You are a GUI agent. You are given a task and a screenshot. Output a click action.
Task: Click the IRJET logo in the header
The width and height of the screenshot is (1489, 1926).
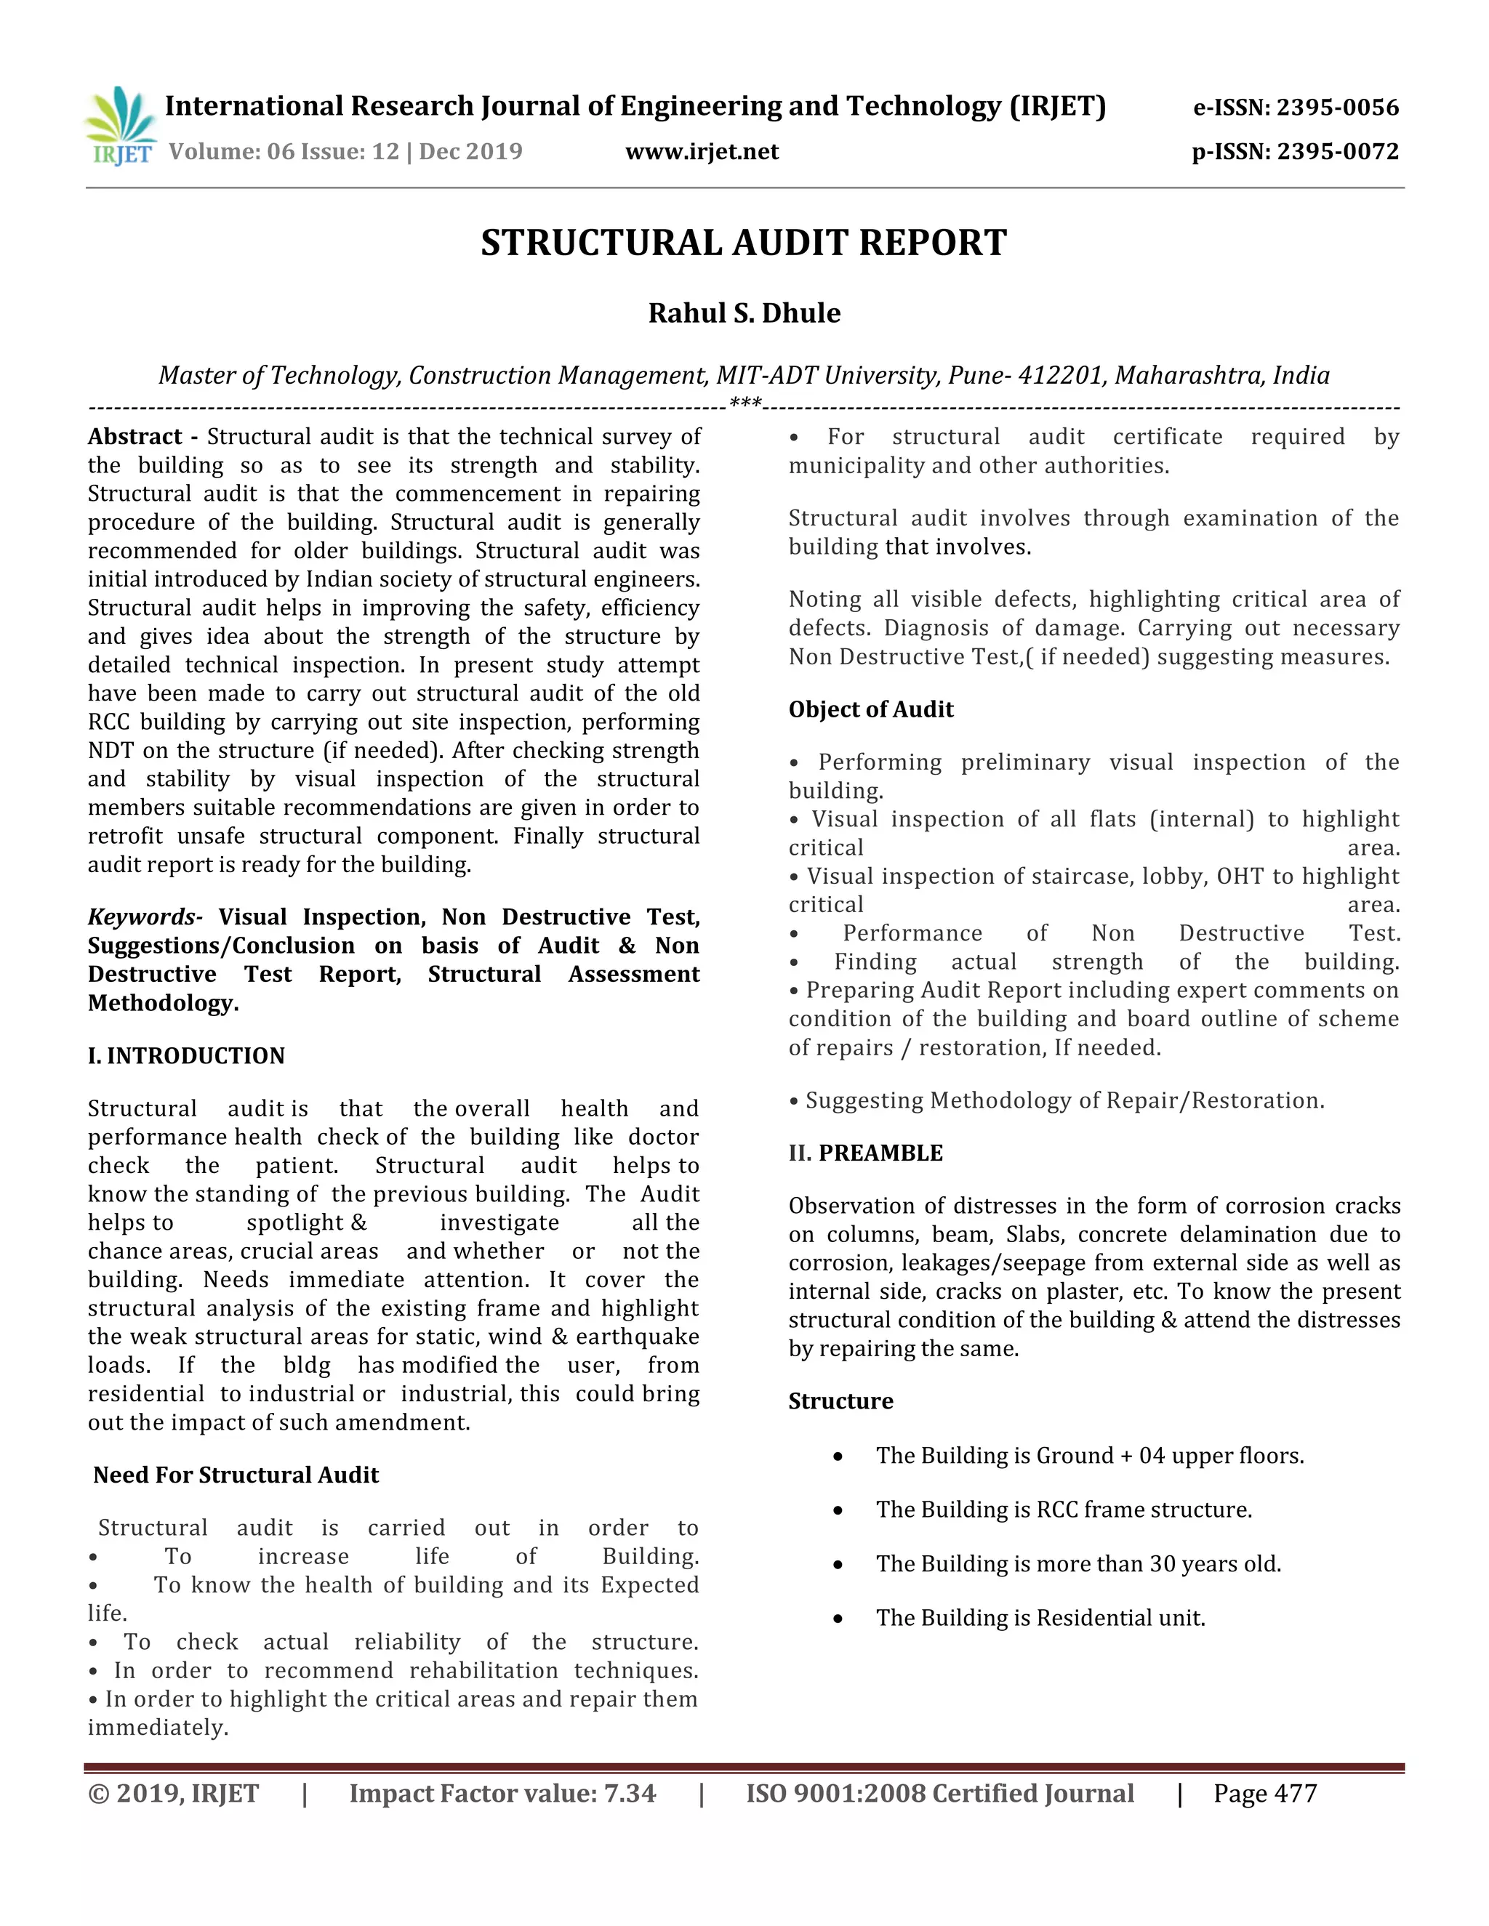[121, 127]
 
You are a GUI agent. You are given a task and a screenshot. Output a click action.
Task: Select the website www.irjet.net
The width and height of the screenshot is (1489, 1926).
[702, 152]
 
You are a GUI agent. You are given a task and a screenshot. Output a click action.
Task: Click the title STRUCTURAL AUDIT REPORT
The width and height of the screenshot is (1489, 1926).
[744, 243]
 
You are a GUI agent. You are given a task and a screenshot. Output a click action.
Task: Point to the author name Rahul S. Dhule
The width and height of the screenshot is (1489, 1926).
[744, 313]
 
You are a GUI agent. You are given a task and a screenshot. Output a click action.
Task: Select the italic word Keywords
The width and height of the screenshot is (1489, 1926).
[142, 916]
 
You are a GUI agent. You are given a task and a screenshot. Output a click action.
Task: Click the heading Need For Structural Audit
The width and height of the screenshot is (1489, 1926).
[236, 1475]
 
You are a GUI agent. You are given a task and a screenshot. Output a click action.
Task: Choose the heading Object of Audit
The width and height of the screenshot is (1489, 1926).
[870, 709]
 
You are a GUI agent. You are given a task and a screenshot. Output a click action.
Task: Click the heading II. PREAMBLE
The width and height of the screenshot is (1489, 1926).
[865, 1153]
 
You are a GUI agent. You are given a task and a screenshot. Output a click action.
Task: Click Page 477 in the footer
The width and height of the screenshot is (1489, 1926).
[1264, 1793]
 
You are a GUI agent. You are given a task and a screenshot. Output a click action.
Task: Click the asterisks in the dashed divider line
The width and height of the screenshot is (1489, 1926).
[745, 405]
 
